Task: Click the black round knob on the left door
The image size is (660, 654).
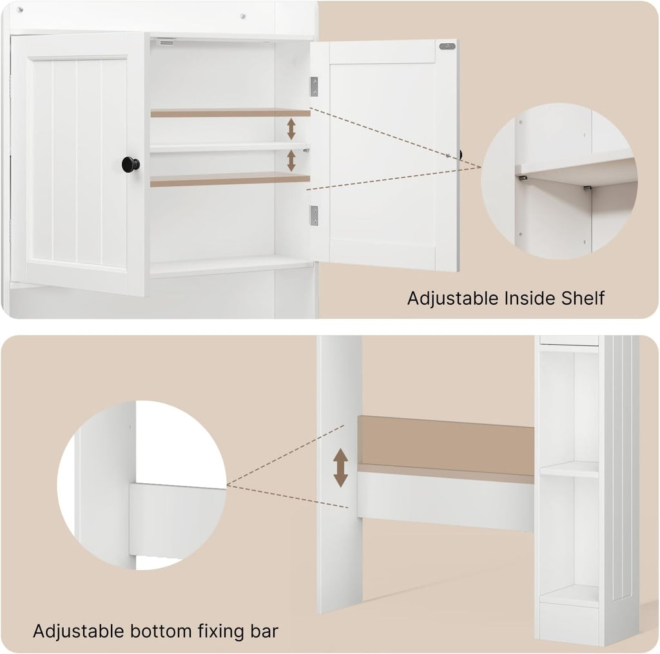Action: click(x=130, y=164)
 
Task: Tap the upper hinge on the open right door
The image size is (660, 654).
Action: click(x=314, y=86)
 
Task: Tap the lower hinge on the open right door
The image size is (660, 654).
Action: click(x=314, y=215)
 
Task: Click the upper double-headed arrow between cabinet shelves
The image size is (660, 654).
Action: click(x=291, y=128)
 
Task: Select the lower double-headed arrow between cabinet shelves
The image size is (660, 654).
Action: click(x=291, y=160)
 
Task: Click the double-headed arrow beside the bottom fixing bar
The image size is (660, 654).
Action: click(x=340, y=468)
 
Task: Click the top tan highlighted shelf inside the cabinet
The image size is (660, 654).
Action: click(x=230, y=113)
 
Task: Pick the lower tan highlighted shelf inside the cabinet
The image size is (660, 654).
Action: click(x=229, y=180)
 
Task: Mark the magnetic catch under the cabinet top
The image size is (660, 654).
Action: click(x=166, y=43)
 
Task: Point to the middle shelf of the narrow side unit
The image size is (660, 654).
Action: click(x=569, y=470)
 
